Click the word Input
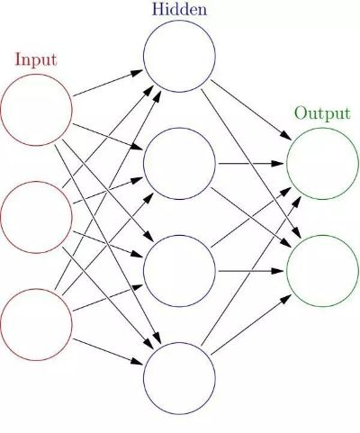point(36,61)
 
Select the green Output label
point(322,115)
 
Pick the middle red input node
point(36,217)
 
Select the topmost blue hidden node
point(180,58)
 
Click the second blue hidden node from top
point(180,164)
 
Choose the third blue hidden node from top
point(180,271)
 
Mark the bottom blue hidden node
point(180,377)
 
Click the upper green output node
point(322,164)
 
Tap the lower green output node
point(322,270)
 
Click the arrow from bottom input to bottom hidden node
point(108,351)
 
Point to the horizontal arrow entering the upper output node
point(251,164)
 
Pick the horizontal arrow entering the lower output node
point(251,271)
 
